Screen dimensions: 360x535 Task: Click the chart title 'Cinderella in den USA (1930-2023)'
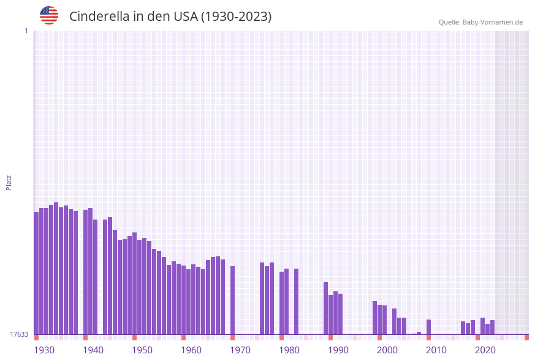click(x=170, y=17)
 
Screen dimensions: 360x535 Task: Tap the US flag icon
click(x=49, y=15)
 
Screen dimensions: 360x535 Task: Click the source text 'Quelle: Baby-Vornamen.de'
click(x=480, y=22)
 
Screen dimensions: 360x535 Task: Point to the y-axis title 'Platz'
click(x=9, y=182)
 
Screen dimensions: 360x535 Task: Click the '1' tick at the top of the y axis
click(x=26, y=31)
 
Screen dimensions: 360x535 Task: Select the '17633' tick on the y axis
click(x=18, y=334)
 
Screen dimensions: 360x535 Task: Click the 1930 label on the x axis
click(x=44, y=350)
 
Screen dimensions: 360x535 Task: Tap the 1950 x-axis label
click(x=142, y=350)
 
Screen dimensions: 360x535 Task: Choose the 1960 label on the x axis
click(x=191, y=350)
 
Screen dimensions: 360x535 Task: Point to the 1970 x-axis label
click(x=240, y=350)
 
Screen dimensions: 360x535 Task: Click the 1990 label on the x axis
click(x=338, y=350)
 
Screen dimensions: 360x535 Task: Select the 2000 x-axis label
click(x=387, y=350)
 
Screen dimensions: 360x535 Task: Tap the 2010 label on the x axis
click(x=436, y=350)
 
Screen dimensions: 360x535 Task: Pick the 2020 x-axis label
click(x=485, y=350)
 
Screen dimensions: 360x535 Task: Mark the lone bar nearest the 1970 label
click(x=232, y=300)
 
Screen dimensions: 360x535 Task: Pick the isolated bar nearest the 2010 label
click(x=428, y=327)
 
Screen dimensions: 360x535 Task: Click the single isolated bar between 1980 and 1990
click(x=296, y=301)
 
